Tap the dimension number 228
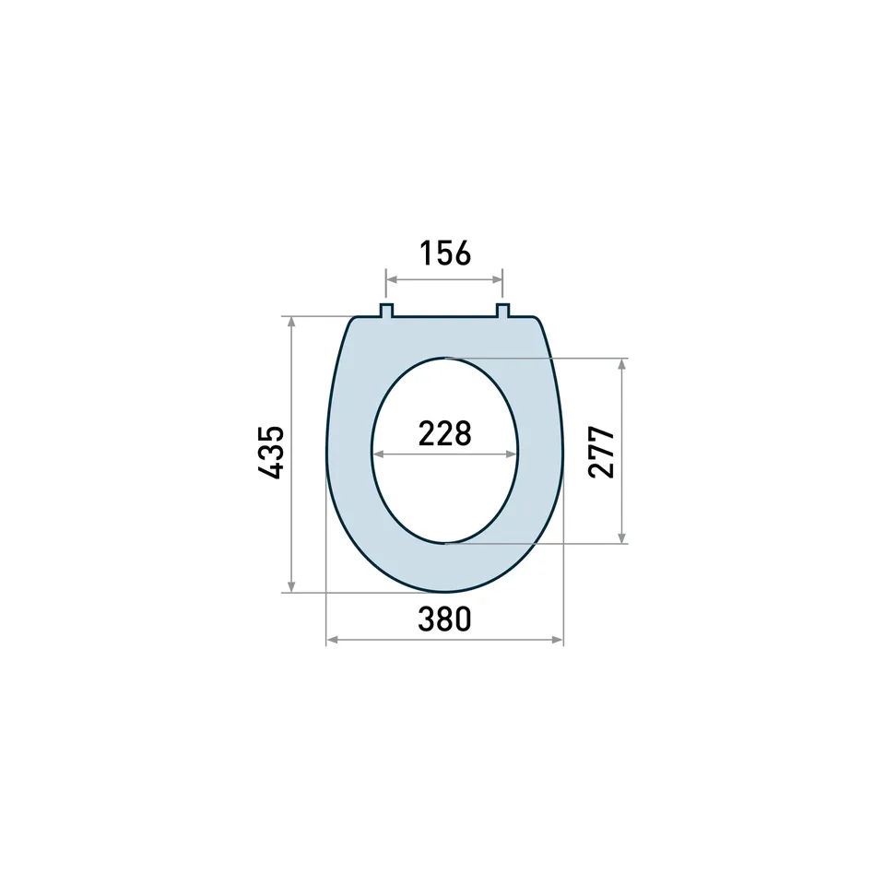(444, 433)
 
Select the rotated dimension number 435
(271, 453)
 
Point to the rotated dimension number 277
(601, 453)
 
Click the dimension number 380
(444, 619)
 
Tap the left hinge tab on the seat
(386, 311)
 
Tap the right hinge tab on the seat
(503, 311)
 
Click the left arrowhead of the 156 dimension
(391, 279)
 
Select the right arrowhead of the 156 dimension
(497, 279)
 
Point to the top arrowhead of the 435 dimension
(291, 323)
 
